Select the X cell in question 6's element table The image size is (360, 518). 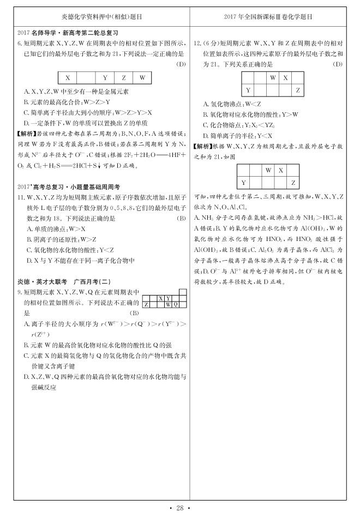point(67,77)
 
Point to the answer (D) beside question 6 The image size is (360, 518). point(181,64)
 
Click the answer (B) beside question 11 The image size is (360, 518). point(181,218)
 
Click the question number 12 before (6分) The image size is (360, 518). point(197,43)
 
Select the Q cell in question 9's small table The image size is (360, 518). point(176,304)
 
